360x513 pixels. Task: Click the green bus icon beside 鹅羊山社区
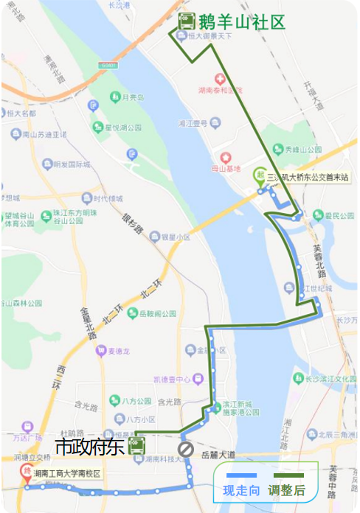tap(186, 21)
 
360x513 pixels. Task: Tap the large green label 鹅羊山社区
tap(241, 22)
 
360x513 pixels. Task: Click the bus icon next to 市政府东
tap(136, 445)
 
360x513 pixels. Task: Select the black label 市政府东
tap(90, 446)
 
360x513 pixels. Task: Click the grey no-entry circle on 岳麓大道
tap(185, 449)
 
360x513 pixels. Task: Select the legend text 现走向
tap(241, 490)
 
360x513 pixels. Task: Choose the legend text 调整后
tap(288, 490)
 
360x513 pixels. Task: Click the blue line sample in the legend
tap(241, 475)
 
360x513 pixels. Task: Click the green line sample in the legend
tap(288, 475)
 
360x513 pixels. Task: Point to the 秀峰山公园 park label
tap(305, 150)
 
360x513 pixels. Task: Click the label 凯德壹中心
tap(171, 379)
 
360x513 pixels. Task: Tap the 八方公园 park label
tap(134, 401)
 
